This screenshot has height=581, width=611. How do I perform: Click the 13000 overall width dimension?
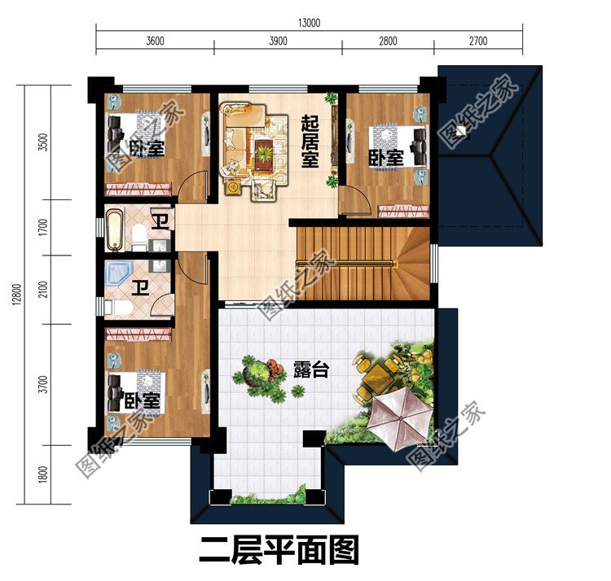(x=310, y=23)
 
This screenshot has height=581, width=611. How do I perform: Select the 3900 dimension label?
(x=278, y=41)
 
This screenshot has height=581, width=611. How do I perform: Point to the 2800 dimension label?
(x=387, y=41)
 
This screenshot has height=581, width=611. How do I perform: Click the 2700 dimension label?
(x=477, y=41)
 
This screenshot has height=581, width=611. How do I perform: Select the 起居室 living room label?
(x=310, y=141)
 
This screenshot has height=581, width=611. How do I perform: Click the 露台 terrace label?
(x=310, y=370)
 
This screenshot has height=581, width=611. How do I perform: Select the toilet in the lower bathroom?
(x=116, y=308)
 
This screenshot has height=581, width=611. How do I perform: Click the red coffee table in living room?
(x=264, y=149)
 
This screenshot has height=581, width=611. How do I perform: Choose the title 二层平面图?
(x=279, y=551)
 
